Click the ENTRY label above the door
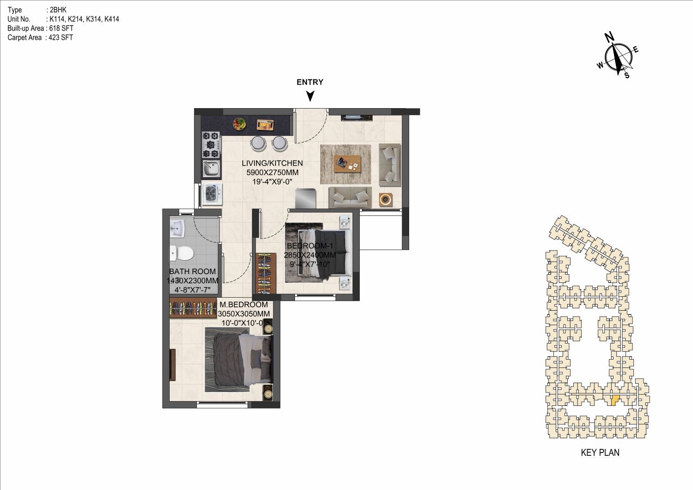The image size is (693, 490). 310,82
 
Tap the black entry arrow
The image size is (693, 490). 310,96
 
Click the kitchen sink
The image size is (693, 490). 211,169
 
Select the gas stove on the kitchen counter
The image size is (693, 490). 211,145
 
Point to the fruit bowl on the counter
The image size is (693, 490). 239,123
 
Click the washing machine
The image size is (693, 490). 212,194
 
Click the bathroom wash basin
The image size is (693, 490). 177,229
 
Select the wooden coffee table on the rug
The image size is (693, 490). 347,164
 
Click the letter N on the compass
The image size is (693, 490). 609,37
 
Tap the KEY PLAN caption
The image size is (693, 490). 600,453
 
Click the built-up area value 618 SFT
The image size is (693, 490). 61,28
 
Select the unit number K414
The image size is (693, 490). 112,19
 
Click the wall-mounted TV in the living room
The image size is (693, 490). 357,117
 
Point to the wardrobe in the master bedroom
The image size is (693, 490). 193,308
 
